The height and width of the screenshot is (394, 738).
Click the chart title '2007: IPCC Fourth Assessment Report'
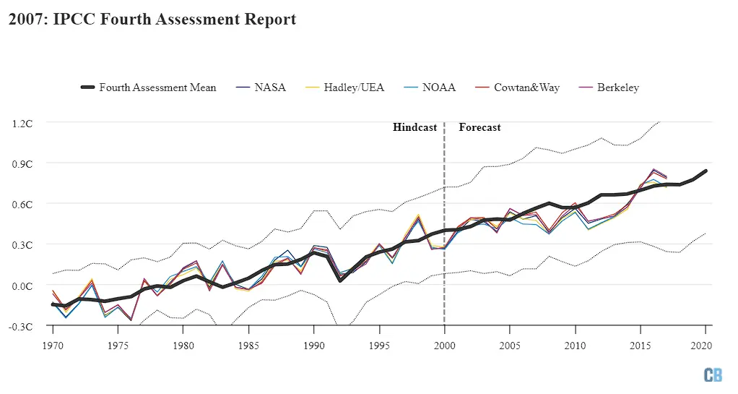tap(152, 20)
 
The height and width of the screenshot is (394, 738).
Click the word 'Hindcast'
tap(414, 127)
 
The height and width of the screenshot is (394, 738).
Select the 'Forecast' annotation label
tap(479, 127)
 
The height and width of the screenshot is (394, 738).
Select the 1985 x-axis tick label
tap(248, 346)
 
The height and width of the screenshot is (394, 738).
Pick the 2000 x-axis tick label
tap(444, 346)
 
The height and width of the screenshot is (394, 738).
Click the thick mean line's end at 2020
tap(706, 171)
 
